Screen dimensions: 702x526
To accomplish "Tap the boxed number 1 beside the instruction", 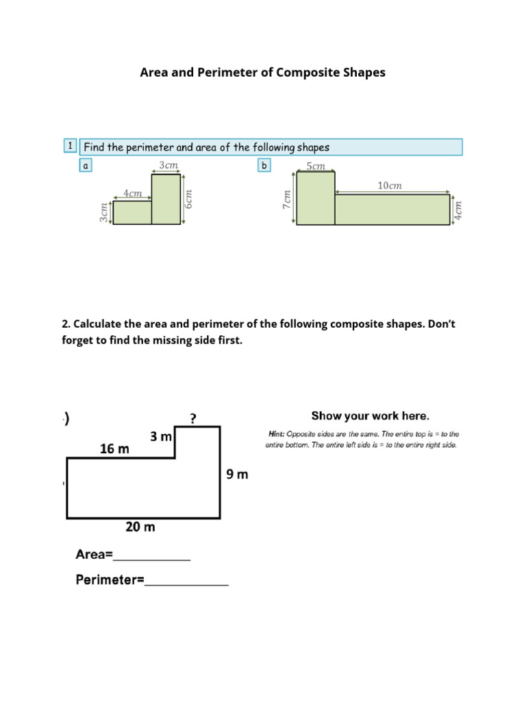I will click(69, 146).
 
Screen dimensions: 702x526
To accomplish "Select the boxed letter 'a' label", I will click(86, 165).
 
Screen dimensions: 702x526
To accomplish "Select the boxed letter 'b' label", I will click(264, 165).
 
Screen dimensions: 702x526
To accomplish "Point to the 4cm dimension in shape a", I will click(132, 193).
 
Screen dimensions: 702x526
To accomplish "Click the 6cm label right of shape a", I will click(190, 199).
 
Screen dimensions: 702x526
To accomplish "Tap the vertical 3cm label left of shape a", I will click(104, 212).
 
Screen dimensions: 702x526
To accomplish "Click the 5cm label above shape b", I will click(316, 166).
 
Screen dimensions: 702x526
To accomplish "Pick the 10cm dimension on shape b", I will click(390, 186).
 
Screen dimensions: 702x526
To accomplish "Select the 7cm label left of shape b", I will click(288, 199).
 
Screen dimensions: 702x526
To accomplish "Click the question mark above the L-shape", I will click(193, 419).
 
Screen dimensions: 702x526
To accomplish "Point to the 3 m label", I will click(161, 437).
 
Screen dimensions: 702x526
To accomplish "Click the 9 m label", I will click(237, 474).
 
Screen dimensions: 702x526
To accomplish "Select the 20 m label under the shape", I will click(140, 527).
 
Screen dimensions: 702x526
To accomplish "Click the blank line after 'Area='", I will click(151, 555).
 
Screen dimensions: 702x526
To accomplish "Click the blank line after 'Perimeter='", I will click(186, 581).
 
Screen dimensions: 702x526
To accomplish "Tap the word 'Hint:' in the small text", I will click(276, 434).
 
